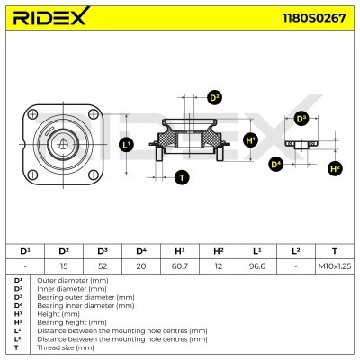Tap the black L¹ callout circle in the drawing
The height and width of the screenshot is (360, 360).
[125, 143]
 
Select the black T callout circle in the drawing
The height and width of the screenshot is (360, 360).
[182, 177]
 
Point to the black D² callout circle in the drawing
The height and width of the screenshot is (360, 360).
[214, 97]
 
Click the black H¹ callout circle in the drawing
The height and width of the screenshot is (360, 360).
[251, 140]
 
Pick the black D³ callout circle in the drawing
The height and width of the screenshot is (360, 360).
[300, 117]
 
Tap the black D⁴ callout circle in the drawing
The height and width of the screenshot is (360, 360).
[276, 164]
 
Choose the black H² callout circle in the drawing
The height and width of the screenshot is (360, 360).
[336, 167]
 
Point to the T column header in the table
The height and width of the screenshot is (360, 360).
[334, 250]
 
